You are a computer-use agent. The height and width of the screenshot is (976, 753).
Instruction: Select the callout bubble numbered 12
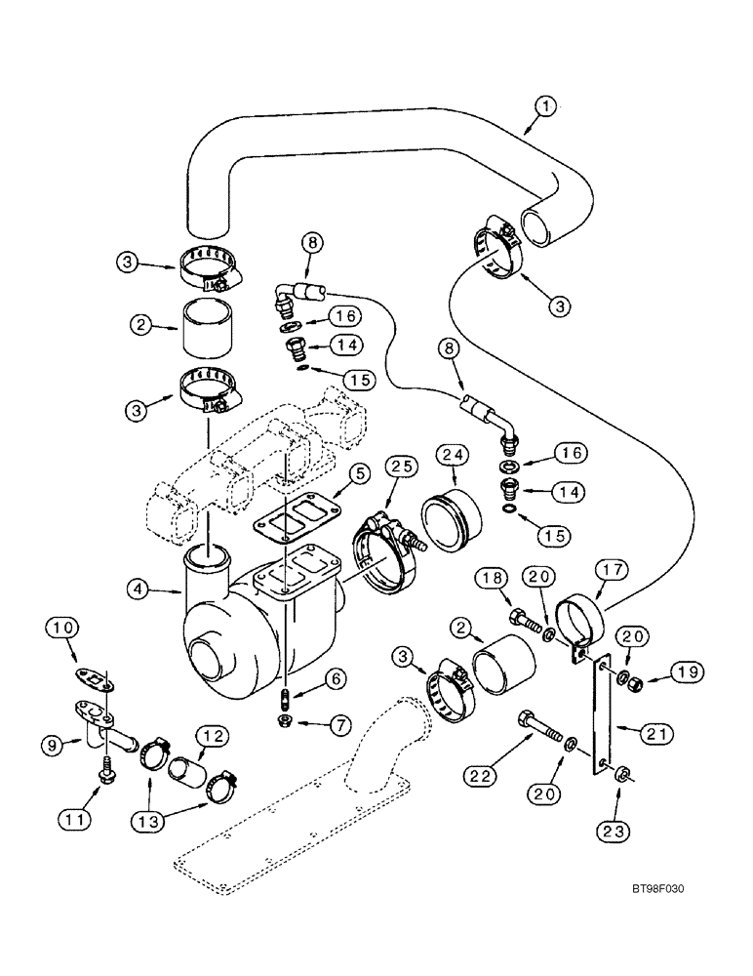pos(213,733)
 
